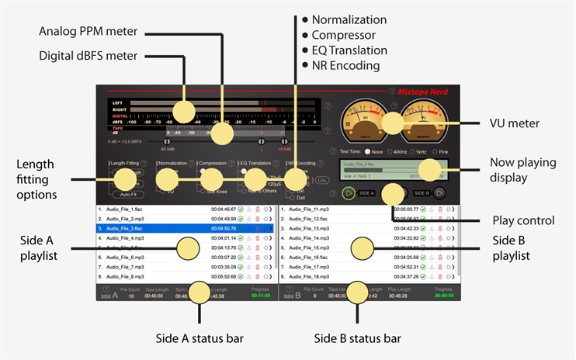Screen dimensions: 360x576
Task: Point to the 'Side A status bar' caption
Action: click(x=200, y=338)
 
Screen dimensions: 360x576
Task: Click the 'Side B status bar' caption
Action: click(x=357, y=338)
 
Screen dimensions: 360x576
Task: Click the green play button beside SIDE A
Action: click(x=349, y=192)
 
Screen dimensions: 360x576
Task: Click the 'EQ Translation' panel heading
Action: click(x=255, y=164)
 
